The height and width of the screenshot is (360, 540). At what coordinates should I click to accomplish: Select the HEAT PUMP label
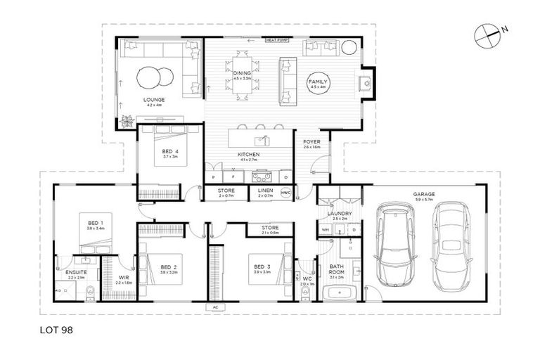276,40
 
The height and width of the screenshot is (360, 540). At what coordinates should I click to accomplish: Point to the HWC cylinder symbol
285,192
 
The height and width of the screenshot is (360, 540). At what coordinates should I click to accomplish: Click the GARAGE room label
424,194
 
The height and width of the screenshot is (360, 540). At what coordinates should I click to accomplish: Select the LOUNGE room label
153,100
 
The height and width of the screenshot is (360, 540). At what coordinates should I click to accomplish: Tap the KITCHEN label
248,154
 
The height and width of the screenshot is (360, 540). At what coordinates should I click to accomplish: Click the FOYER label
311,142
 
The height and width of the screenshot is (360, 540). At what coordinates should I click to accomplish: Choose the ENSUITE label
75,272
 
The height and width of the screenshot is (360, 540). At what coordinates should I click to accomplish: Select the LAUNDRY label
340,214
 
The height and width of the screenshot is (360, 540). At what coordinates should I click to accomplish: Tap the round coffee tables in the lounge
153,75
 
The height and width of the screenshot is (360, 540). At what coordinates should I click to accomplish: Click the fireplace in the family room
365,84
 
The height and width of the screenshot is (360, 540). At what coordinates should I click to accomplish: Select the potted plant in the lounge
127,120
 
